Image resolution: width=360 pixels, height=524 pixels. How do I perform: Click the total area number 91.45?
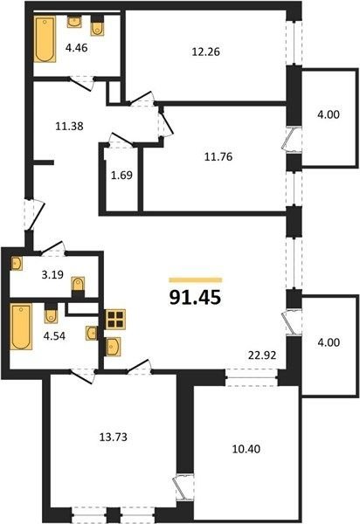click(x=195, y=297)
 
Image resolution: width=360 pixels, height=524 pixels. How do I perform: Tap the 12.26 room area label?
click(x=206, y=52)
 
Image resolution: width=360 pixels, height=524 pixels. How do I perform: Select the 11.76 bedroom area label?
click(x=218, y=156)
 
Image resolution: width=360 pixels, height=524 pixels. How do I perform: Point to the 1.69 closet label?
click(x=121, y=176)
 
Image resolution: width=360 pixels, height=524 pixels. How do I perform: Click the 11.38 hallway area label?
click(x=69, y=127)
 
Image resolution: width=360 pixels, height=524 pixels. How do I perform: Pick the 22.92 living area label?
click(x=262, y=355)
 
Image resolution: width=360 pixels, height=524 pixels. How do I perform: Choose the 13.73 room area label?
click(x=114, y=437)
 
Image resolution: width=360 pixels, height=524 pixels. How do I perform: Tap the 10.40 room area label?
click(x=246, y=449)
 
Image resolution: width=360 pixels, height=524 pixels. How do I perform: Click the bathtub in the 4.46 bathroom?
click(x=45, y=39)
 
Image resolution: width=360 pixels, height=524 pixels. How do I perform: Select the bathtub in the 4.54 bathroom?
click(x=21, y=327)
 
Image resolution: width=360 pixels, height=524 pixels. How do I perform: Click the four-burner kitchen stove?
click(x=115, y=319)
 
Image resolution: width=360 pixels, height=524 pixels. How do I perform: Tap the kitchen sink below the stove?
click(x=113, y=346)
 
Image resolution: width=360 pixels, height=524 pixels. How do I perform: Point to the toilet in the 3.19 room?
click(x=79, y=284)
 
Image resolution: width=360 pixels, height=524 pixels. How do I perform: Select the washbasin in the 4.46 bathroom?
click(x=74, y=22)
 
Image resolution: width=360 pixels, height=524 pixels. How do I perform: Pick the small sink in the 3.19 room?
click(x=17, y=264)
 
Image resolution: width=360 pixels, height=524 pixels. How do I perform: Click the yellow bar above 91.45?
click(x=196, y=280)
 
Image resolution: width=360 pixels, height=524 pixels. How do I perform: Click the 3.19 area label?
click(x=52, y=275)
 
